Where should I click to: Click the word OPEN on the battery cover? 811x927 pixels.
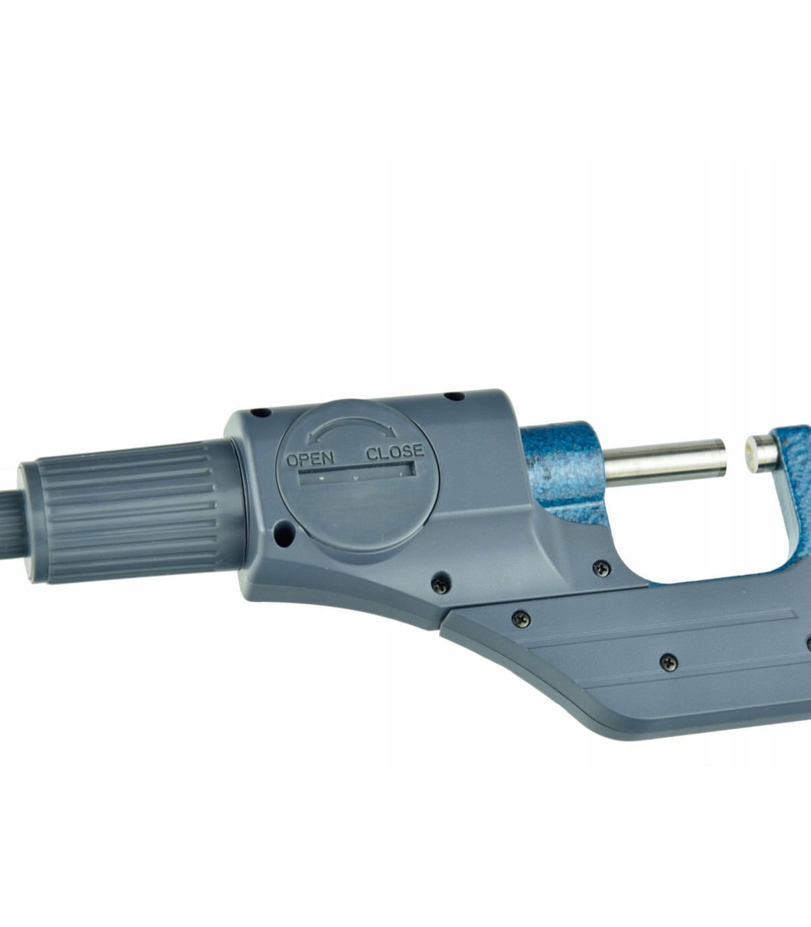click(x=310, y=459)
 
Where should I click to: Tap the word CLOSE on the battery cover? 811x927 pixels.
click(x=395, y=452)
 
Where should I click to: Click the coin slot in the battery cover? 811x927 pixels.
click(x=357, y=474)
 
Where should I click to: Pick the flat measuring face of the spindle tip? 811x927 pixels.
click(x=722, y=462)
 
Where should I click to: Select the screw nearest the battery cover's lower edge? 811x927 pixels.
click(x=441, y=584)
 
